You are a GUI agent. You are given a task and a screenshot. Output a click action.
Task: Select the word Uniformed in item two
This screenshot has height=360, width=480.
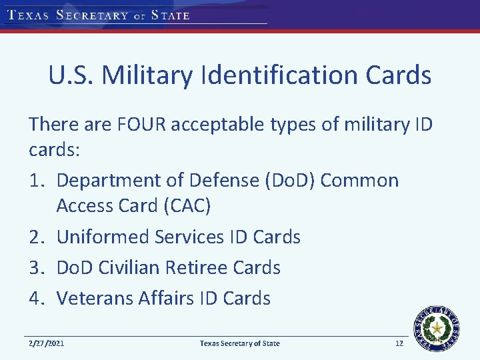point(103,237)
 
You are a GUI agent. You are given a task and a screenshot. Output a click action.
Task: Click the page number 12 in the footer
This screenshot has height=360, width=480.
point(399,343)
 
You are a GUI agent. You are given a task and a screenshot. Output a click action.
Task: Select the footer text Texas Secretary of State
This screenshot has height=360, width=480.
point(240,343)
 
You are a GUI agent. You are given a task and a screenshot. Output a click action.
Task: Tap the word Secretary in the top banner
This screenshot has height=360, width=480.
point(93,15)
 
